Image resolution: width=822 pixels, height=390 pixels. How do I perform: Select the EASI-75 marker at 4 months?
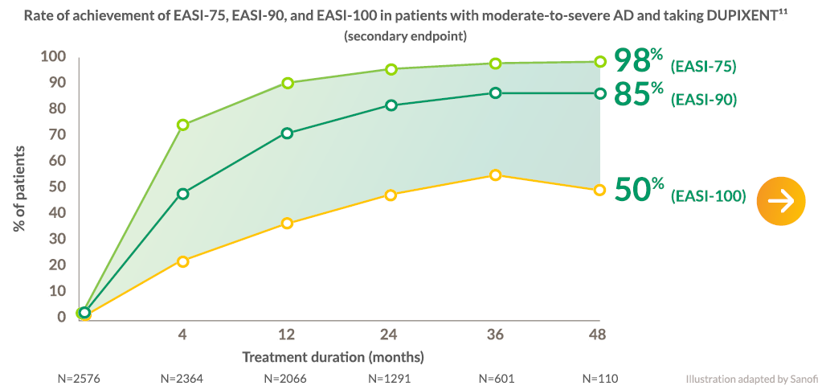click(x=183, y=125)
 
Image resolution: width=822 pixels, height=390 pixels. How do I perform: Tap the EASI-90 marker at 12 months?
click(x=287, y=133)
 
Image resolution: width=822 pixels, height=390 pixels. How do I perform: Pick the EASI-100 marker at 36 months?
click(x=495, y=174)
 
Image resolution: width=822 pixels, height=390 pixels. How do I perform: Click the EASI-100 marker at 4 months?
click(x=183, y=261)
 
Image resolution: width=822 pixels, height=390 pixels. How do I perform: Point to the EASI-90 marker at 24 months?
click(x=391, y=105)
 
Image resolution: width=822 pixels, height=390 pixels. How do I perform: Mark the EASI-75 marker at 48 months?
click(x=600, y=62)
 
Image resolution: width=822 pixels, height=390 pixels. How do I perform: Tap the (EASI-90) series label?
click(x=704, y=100)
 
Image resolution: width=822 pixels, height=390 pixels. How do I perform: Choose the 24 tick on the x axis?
click(x=391, y=335)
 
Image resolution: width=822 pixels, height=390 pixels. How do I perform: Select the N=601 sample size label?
click(x=495, y=379)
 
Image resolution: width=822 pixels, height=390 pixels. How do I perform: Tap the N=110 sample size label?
click(x=600, y=379)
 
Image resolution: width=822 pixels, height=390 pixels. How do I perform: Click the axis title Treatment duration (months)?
click(x=333, y=358)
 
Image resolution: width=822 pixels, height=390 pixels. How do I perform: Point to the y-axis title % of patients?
click(x=18, y=189)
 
